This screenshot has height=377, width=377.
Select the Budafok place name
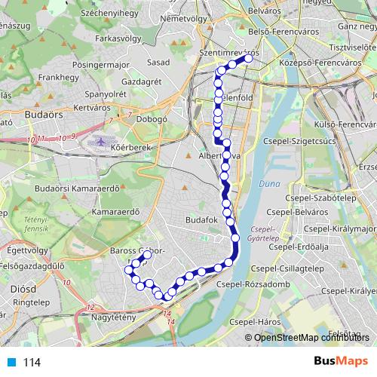[x=201, y=220]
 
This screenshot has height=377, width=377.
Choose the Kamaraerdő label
[x=120, y=213]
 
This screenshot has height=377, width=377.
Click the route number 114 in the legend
[x=32, y=363]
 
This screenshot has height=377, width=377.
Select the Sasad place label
[x=158, y=62]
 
